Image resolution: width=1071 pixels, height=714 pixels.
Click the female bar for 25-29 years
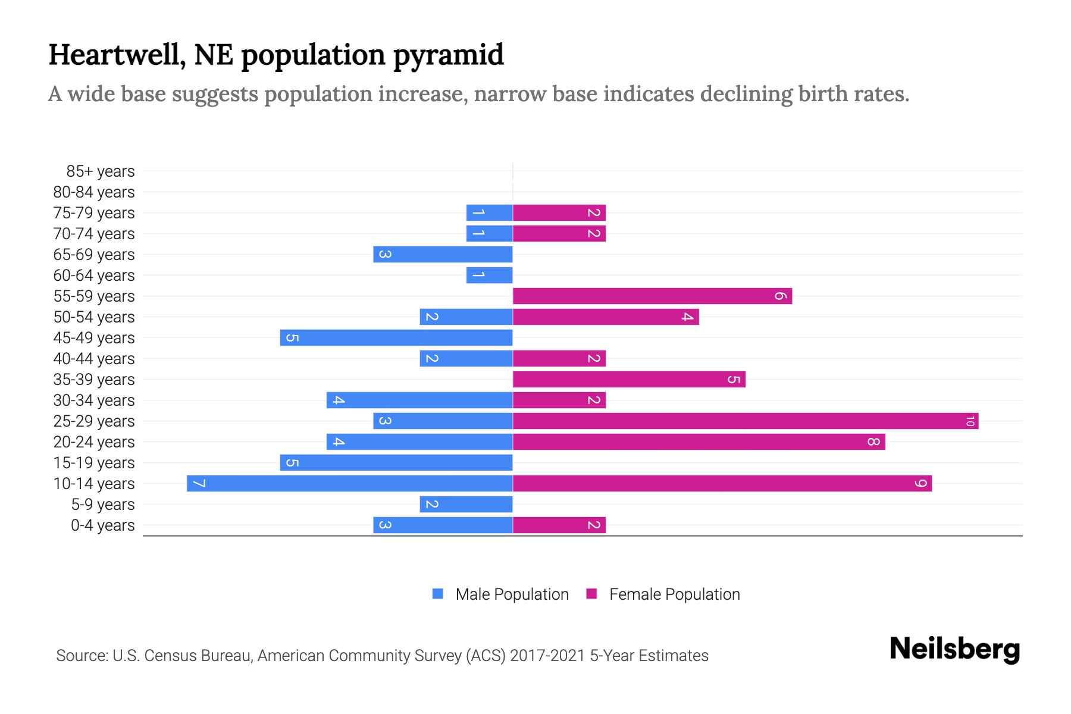point(744,421)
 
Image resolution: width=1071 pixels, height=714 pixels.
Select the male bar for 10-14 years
point(350,484)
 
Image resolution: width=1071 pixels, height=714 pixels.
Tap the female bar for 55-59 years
point(652,296)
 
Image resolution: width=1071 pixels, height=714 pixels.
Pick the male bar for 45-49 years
point(396,338)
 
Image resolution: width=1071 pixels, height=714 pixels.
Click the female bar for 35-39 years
point(628,380)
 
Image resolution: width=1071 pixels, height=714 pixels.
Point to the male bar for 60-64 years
point(489,275)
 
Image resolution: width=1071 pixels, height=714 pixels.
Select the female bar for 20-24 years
point(699,442)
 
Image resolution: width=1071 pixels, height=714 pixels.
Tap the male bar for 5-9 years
point(466,505)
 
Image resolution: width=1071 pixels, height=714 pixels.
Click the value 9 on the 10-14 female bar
point(921,484)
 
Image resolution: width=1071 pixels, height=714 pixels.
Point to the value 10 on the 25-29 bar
point(970,421)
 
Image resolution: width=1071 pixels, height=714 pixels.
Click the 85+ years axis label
point(101,171)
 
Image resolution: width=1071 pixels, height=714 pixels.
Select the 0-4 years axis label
point(102,525)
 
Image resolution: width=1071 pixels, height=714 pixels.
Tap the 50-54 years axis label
point(94,317)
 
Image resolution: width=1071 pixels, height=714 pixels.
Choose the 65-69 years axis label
point(94,255)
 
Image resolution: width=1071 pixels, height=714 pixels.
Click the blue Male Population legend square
point(438,594)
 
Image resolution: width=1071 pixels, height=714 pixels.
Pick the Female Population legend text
point(674,594)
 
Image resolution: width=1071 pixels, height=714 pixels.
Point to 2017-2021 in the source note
point(547,656)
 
